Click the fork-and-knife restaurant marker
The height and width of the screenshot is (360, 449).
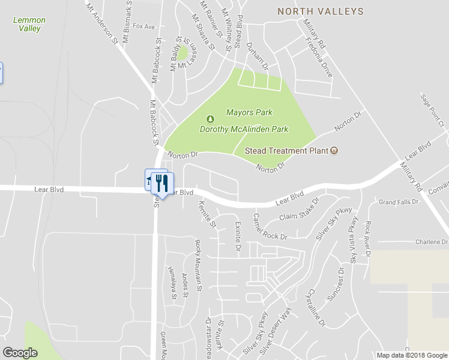tap(160, 182)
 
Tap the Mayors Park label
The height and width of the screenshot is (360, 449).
tap(249, 112)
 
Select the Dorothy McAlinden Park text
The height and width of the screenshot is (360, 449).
tap(244, 129)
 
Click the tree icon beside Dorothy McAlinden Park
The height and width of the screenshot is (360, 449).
tap(210, 118)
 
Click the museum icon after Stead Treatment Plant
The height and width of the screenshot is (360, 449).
tap(335, 150)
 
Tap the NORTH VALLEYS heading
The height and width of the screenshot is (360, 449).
tap(320, 11)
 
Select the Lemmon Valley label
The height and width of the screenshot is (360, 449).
tap(29, 24)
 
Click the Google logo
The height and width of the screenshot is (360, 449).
tap(20, 352)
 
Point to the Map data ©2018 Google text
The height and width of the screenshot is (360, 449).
tap(411, 355)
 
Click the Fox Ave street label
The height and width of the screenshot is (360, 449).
tap(144, 26)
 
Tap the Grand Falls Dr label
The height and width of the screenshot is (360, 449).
tap(398, 202)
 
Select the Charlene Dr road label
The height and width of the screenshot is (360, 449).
tap(432, 242)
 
